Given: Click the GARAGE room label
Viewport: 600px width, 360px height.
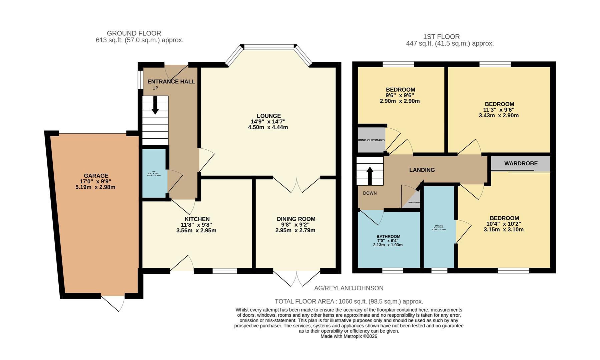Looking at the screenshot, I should [96, 176].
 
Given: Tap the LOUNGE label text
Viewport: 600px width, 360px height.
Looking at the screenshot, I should [268, 116].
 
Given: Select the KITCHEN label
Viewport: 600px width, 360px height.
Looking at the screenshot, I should [197, 219].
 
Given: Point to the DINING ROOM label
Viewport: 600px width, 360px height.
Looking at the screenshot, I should [296, 219].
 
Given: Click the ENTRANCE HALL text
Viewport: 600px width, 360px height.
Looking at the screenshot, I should [171, 81].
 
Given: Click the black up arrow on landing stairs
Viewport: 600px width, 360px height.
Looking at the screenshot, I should [370, 176].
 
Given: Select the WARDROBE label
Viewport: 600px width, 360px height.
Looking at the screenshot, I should [521, 163].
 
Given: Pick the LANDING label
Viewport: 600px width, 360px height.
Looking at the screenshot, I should [422, 170].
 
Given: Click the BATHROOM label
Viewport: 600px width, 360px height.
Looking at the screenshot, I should [388, 237].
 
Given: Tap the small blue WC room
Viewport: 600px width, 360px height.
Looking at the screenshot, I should [154, 173].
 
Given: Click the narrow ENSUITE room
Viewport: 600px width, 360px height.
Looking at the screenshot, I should [439, 227].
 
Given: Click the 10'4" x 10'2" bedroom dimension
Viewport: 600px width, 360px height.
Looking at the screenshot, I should [504, 224].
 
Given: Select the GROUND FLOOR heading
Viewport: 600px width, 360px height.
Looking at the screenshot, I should [134, 33].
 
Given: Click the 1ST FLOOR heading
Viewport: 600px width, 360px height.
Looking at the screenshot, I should [441, 37].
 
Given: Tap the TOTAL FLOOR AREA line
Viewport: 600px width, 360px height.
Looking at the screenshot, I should [349, 301].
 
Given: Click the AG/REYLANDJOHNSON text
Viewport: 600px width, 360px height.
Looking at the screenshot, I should [349, 288].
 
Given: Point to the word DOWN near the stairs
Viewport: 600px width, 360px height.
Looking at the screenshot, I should [370, 193].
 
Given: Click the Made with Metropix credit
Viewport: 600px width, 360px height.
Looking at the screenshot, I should [349, 336].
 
